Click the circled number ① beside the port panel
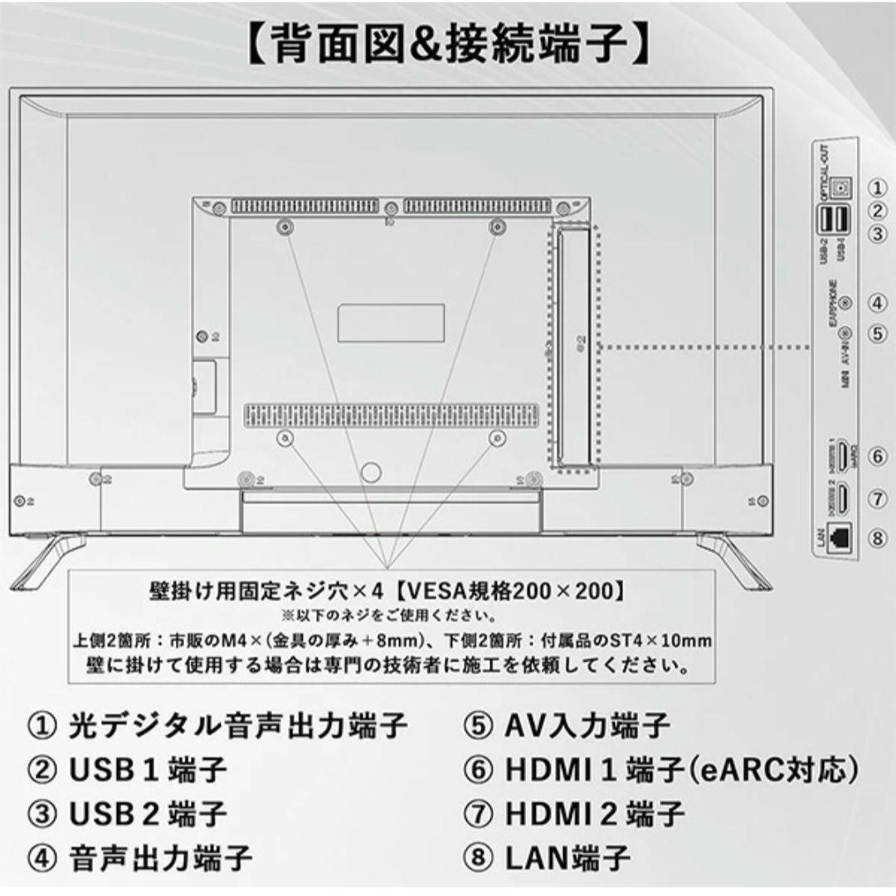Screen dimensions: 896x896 pyautogui.click(x=879, y=187)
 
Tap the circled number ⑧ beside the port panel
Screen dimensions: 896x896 pyautogui.click(x=879, y=537)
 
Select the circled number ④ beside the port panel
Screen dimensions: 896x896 pyautogui.click(x=879, y=304)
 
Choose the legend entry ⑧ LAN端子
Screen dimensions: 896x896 pyautogui.click(x=547, y=855)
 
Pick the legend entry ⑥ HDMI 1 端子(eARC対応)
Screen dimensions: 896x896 pyautogui.click(x=660, y=769)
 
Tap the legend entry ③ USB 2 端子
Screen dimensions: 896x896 pyautogui.click(x=127, y=812)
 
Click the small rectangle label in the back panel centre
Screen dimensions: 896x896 pyautogui.click(x=391, y=322)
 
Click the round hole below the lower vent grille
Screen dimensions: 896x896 pyautogui.click(x=372, y=472)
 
